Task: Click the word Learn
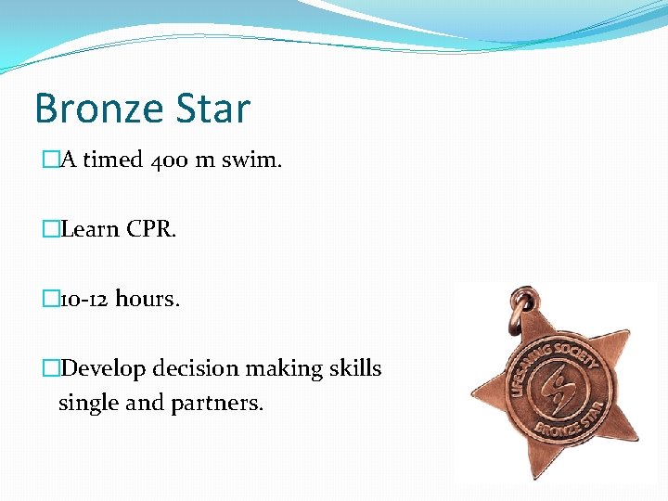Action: click(90, 229)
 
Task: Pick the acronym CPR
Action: click(151, 229)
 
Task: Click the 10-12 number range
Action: click(84, 299)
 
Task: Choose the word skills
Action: click(352, 368)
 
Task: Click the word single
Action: click(87, 404)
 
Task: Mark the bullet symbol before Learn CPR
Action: click(51, 229)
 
